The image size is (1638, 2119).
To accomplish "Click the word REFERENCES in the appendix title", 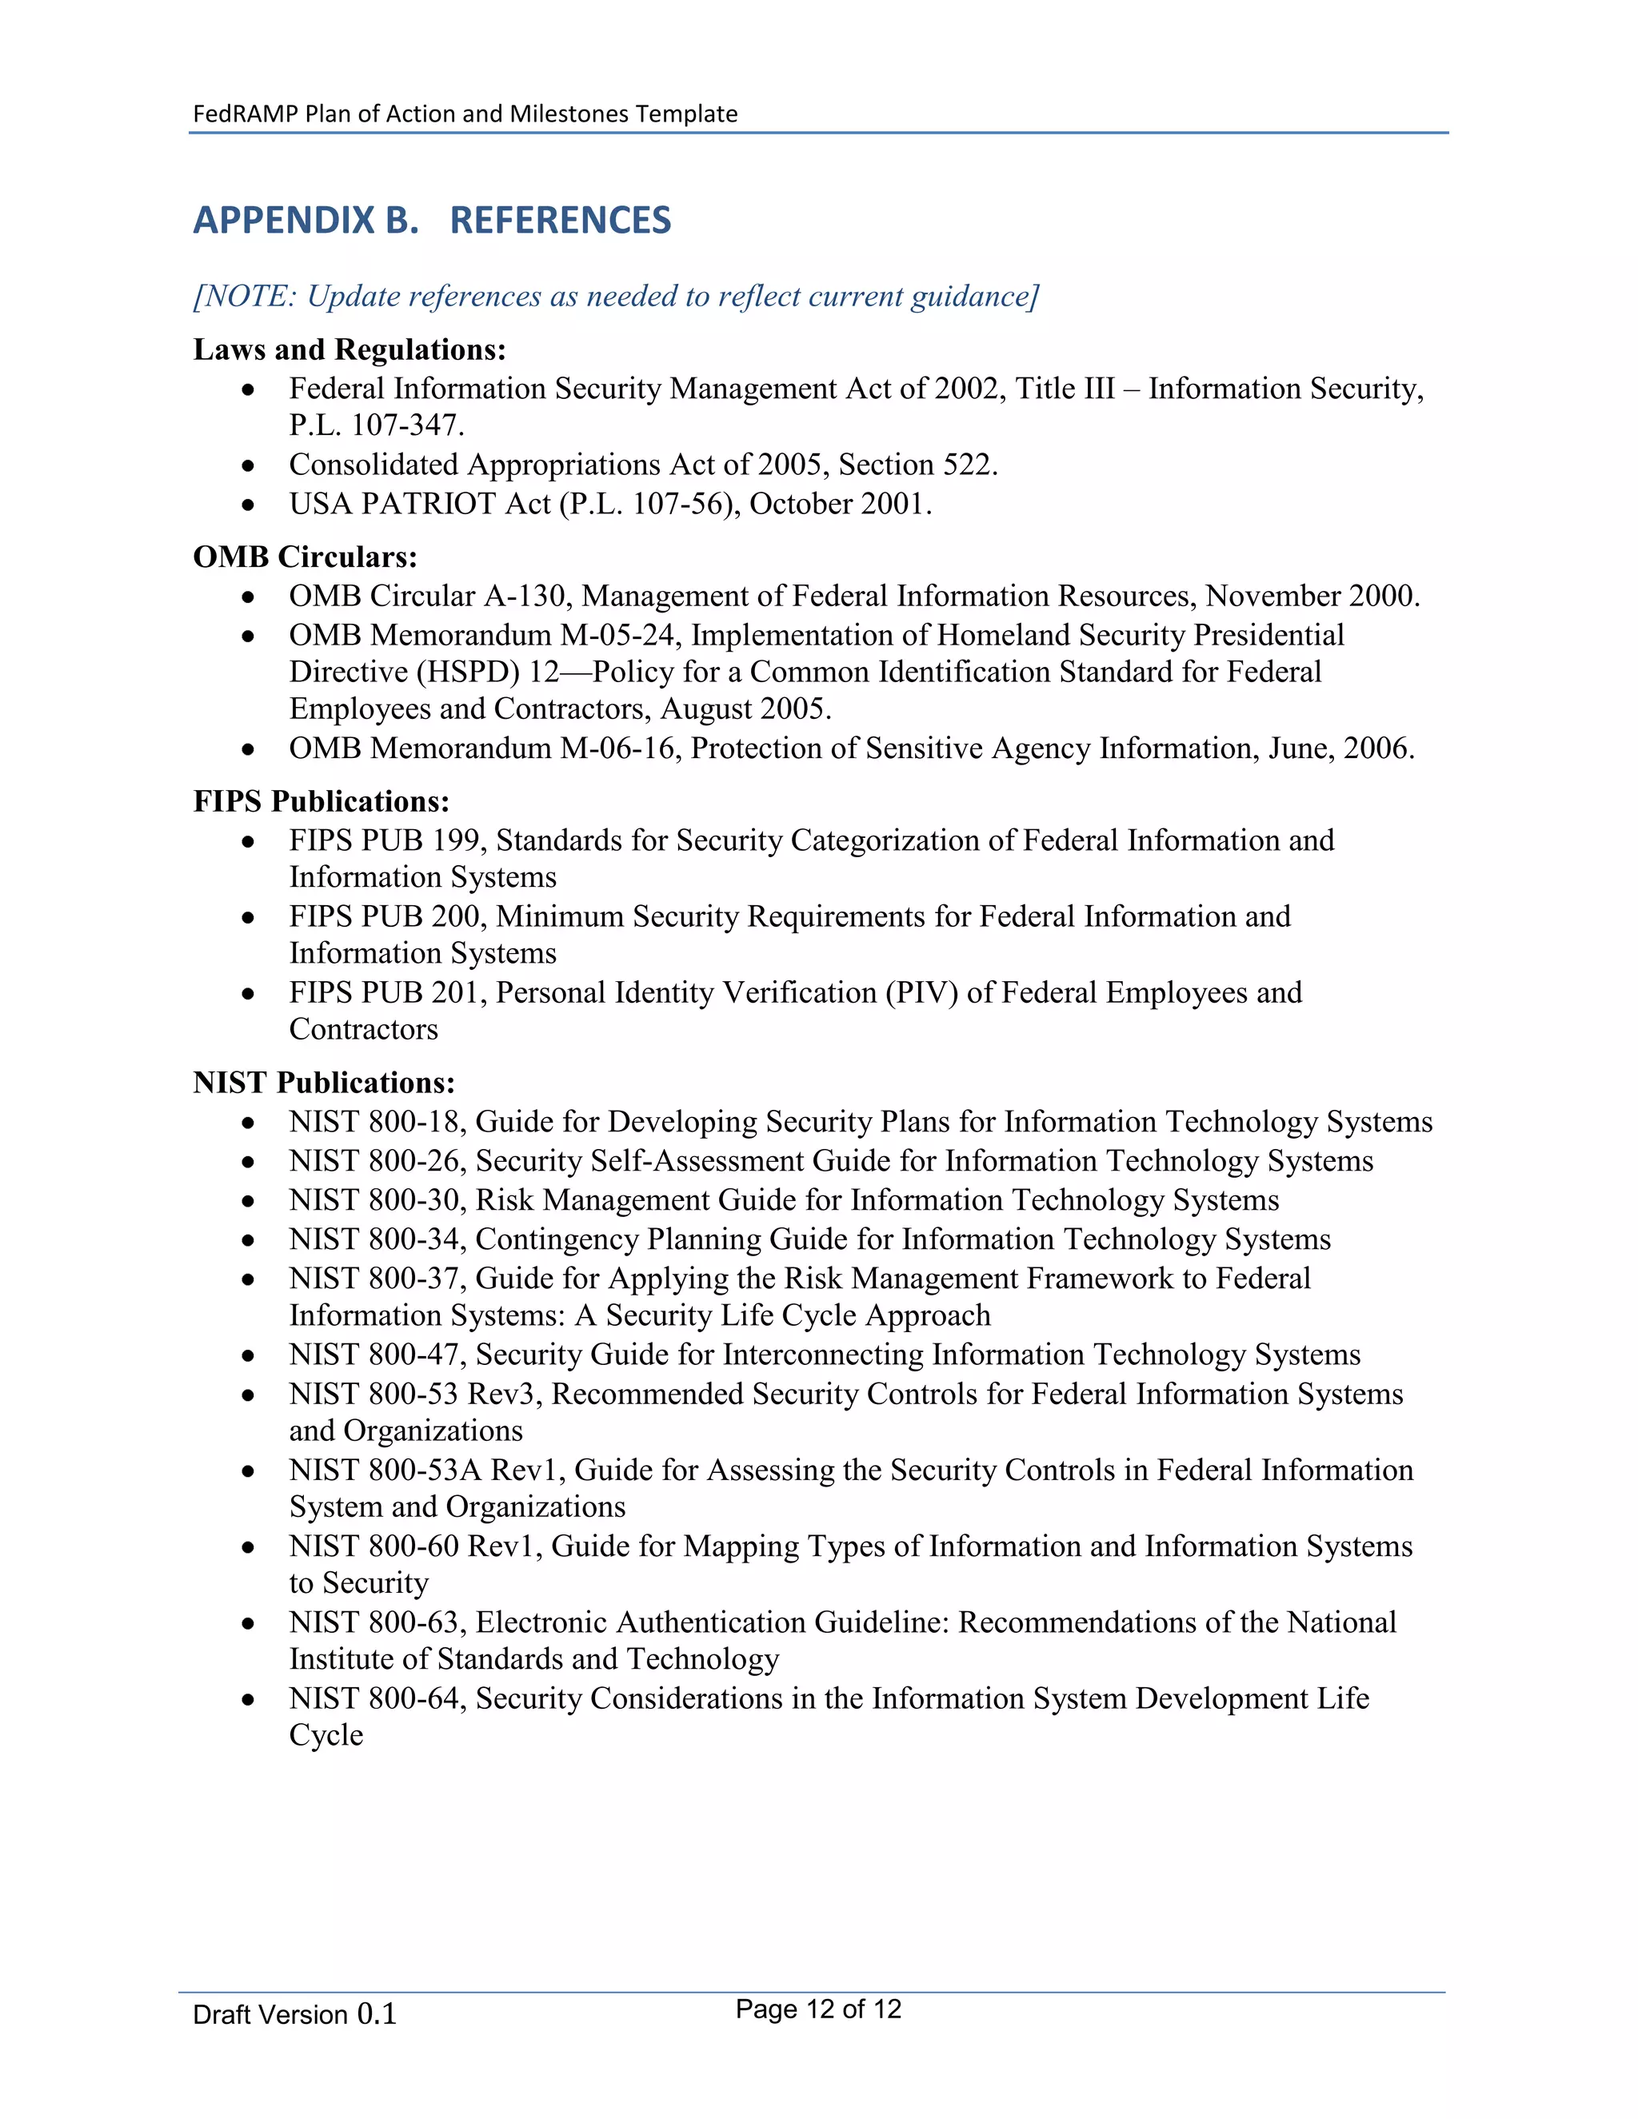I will [x=560, y=220].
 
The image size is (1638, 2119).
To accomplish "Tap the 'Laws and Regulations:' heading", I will [x=350, y=349].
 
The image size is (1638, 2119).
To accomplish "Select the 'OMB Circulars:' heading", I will [x=305, y=557].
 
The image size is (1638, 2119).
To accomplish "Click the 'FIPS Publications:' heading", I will [x=322, y=801].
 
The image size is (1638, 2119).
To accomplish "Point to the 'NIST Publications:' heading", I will [x=324, y=1083].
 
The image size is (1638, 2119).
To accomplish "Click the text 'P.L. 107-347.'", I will [x=377, y=425].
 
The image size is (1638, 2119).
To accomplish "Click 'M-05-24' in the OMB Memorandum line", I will [x=621, y=636].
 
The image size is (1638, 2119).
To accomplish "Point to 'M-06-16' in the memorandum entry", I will [x=621, y=749].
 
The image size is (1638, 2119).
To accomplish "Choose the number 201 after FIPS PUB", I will [x=457, y=992].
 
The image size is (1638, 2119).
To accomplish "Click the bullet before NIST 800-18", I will [x=249, y=1123].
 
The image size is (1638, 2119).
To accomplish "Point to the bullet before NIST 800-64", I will [x=249, y=1700].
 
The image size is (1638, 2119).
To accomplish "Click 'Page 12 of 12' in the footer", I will [x=818, y=2009].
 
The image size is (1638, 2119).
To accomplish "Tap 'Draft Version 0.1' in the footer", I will [x=294, y=2014].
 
